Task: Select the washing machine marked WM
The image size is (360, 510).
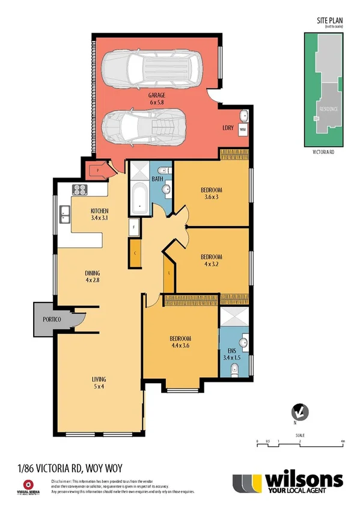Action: click(x=243, y=129)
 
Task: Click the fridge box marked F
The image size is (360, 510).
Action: click(x=134, y=227)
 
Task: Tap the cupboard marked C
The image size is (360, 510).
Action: click(x=135, y=253)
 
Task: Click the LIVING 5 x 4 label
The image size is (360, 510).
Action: click(x=99, y=383)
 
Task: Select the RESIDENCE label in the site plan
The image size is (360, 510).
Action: click(x=328, y=109)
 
